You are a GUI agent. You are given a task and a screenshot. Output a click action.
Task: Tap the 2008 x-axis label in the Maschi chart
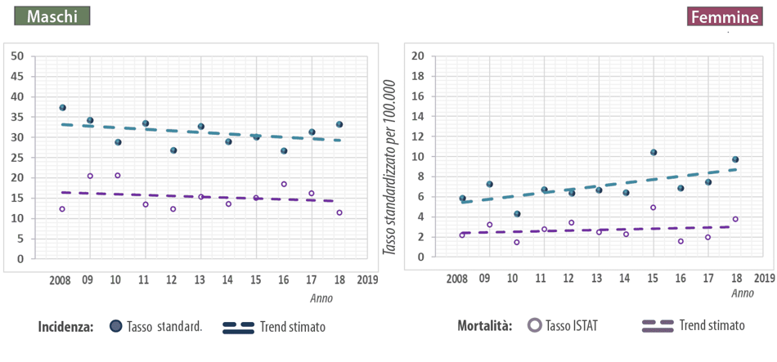pos(60,280)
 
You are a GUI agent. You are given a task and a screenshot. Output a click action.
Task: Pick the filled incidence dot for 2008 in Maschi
pos(62,108)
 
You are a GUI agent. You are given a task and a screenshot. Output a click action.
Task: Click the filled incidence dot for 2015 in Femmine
pos(653,153)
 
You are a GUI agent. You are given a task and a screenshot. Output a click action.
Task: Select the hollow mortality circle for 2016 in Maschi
pos(284,185)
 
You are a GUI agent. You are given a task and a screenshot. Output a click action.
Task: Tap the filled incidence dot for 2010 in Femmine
pos(517,214)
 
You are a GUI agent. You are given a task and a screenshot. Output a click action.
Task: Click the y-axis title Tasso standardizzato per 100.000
pos(389,167)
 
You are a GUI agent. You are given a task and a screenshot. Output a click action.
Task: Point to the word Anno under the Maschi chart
pos(321,298)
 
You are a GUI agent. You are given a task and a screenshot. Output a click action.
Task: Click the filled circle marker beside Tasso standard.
pos(116,327)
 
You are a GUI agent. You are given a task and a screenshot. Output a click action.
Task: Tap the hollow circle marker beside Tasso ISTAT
pos(536,325)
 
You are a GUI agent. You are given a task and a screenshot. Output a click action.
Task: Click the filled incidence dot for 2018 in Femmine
pos(735,160)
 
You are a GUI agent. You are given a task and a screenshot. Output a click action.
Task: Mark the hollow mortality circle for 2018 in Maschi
pos(339,212)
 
